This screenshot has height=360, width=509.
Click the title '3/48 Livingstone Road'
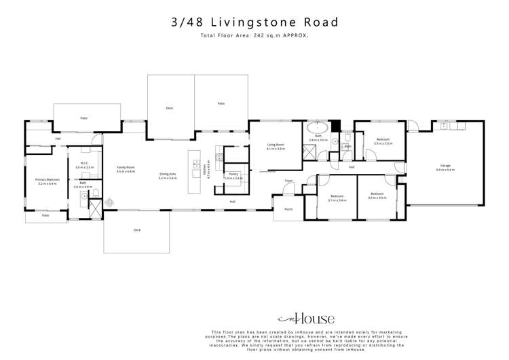(254, 22)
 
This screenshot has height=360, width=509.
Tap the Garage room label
(446, 166)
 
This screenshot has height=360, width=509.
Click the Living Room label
(275, 145)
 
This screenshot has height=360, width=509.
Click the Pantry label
(233, 175)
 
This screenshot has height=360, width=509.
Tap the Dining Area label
(168, 175)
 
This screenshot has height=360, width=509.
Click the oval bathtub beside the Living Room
(318, 127)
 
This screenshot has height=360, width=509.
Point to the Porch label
(288, 209)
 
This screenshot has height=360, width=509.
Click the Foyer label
(288, 181)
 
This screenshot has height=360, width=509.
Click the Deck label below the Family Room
(137, 230)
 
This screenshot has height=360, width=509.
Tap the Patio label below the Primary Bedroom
(45, 215)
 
